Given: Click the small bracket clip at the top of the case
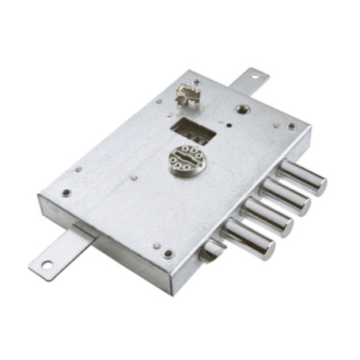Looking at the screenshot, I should tap(187, 96).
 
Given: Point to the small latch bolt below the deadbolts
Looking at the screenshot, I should tap(212, 252).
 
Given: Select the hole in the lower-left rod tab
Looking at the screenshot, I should tap(47, 265).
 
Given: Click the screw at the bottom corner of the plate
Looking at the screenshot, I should tap(168, 253).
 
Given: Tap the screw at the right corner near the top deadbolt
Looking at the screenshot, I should tap(291, 126).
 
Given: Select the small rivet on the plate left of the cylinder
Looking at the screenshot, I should tap(134, 177).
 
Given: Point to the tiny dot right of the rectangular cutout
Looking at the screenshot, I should tap(227, 123).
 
